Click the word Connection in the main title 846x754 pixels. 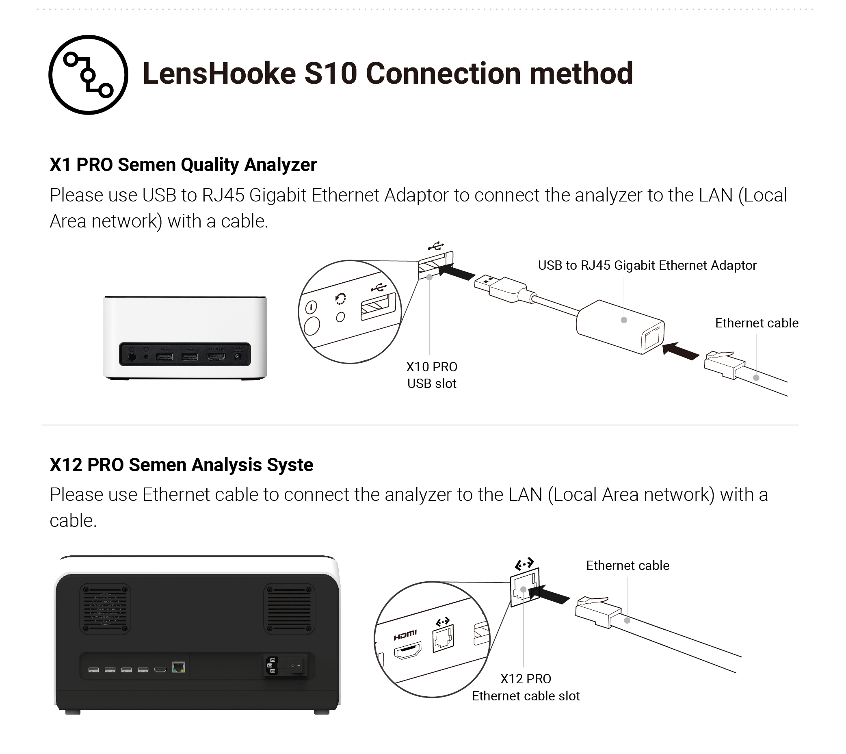click(443, 74)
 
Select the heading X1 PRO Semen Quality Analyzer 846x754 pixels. click(183, 165)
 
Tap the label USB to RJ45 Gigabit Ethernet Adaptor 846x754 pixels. click(647, 265)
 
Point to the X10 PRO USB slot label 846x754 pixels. click(431, 375)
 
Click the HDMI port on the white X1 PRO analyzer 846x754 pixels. click(216, 357)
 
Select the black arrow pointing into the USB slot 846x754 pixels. click(456, 272)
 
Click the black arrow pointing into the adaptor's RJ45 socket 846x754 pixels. click(680, 351)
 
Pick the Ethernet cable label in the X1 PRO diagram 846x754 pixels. click(757, 323)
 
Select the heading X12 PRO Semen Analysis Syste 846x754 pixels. click(182, 465)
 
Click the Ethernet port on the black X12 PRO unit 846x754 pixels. click(178, 667)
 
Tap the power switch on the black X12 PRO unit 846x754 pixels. click(296, 666)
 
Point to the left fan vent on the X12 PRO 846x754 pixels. click(105, 609)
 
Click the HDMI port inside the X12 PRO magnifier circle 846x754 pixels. click(408, 651)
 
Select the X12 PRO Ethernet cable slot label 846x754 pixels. click(526, 687)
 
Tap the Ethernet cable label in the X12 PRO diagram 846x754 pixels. click(627, 565)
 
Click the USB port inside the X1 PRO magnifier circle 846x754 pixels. click(378, 307)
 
